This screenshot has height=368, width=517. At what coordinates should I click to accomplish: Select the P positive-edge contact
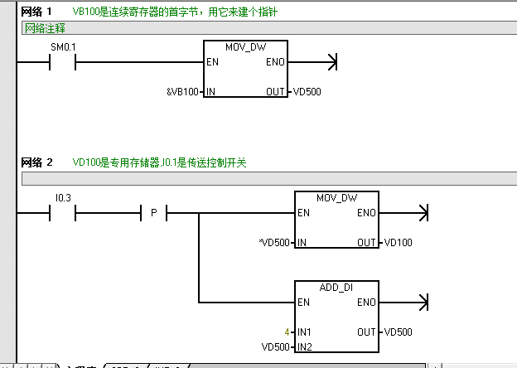pyautogui.click(x=153, y=214)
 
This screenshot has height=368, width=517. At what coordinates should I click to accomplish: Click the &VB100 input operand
pyautogui.click(x=182, y=91)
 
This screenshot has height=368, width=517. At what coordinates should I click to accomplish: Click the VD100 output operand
pyautogui.click(x=399, y=243)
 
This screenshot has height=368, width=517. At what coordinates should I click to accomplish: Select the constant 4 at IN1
pyautogui.click(x=287, y=332)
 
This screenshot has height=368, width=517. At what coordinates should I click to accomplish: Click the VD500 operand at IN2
pyautogui.click(x=275, y=346)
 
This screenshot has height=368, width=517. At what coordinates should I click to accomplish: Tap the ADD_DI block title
pyautogui.click(x=336, y=287)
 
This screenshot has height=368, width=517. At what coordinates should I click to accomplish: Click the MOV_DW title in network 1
pyautogui.click(x=245, y=46)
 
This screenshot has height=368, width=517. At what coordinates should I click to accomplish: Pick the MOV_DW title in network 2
pyautogui.click(x=336, y=198)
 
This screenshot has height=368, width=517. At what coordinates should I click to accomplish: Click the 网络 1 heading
pyautogui.click(x=37, y=12)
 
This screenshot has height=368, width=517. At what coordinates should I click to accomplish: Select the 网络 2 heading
pyautogui.click(x=37, y=162)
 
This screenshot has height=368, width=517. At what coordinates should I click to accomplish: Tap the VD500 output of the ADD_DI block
pyautogui.click(x=399, y=332)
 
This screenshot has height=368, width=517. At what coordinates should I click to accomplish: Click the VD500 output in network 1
pyautogui.click(x=307, y=91)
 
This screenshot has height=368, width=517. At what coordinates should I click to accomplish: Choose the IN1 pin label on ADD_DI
pyautogui.click(x=305, y=332)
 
